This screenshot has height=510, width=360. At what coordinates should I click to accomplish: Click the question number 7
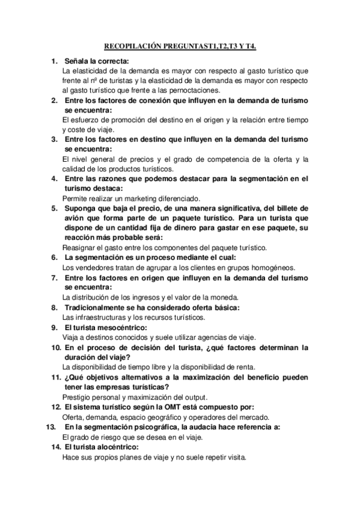pos(54,278)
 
